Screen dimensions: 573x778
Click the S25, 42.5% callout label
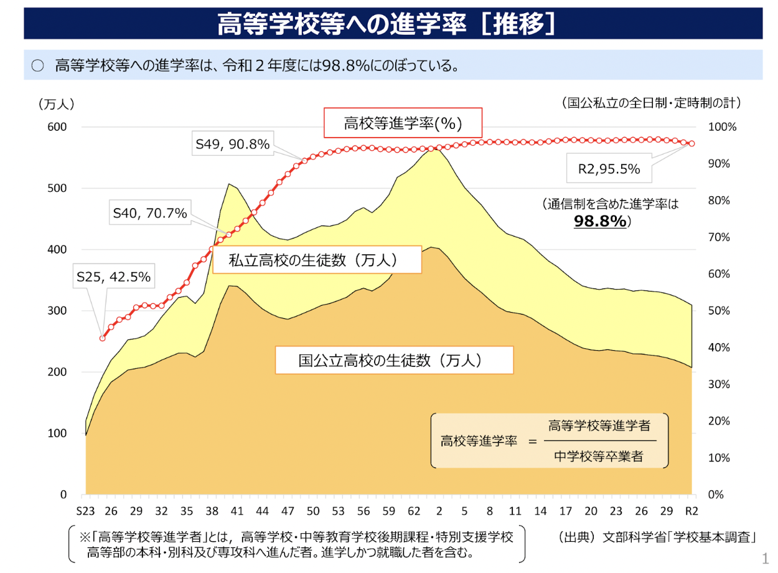point(113,277)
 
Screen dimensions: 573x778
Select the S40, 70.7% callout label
point(150,214)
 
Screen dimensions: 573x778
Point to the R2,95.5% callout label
point(609,168)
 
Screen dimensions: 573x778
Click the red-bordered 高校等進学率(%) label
point(403,123)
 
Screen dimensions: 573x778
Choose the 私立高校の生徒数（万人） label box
point(317,259)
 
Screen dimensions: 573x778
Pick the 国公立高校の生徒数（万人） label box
point(393,360)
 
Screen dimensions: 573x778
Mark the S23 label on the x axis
point(87,511)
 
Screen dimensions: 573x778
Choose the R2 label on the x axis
point(691,511)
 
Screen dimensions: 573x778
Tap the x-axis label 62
point(414,511)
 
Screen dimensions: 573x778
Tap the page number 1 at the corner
point(765,556)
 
